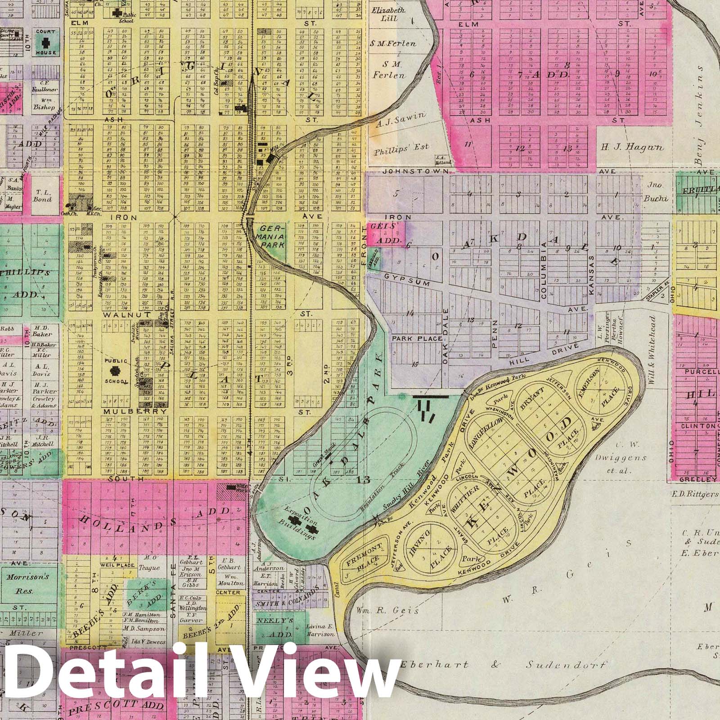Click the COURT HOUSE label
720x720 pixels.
[x=45, y=43]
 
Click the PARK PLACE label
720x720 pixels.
[x=416, y=338]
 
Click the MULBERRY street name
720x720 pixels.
[x=130, y=411]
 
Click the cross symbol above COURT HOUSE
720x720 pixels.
[x=45, y=43]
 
